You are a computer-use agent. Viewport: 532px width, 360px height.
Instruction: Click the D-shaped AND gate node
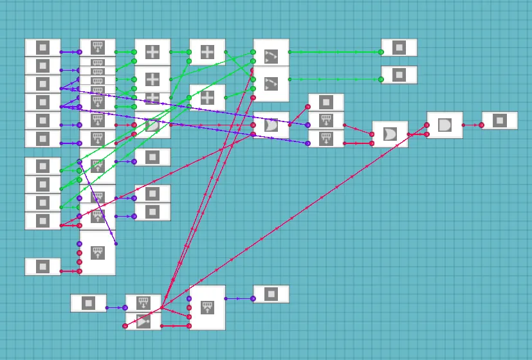click(445, 125)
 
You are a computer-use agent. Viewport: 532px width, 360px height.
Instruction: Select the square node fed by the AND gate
click(500, 120)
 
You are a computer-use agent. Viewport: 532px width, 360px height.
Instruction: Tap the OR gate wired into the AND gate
click(390, 134)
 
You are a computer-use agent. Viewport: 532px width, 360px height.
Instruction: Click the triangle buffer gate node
click(143, 321)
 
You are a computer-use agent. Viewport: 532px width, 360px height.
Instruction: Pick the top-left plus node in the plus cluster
click(152, 52)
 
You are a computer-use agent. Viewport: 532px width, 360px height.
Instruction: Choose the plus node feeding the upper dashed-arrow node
click(207, 52)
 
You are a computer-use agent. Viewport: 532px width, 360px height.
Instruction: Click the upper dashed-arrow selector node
click(271, 56)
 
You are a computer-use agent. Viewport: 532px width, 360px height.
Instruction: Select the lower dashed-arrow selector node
click(271, 84)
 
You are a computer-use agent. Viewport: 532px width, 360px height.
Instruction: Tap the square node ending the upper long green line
click(399, 48)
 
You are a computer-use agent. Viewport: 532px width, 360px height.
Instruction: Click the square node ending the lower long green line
click(399, 75)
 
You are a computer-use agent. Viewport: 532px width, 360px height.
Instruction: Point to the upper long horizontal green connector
click(335, 52)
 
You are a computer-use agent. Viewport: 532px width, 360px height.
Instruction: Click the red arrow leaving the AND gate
click(472, 125)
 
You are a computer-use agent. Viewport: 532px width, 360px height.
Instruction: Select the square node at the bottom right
click(271, 294)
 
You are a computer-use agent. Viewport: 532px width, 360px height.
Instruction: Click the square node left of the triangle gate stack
click(89, 303)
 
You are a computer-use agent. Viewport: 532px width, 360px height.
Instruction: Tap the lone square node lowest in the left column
click(42, 266)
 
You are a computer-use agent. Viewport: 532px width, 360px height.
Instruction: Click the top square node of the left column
click(42, 48)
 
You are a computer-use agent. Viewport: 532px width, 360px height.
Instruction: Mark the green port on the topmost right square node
click(381, 52)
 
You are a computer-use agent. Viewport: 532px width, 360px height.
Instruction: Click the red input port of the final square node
click(481, 125)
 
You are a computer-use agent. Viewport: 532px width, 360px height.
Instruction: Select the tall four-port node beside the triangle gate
click(207, 308)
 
